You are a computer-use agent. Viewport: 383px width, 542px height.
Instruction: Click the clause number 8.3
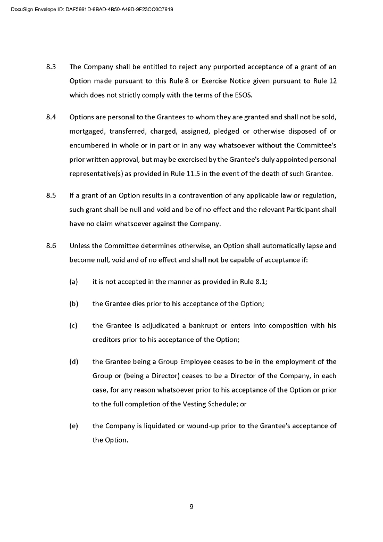(x=52, y=67)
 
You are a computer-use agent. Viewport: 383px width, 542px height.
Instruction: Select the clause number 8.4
(x=52, y=117)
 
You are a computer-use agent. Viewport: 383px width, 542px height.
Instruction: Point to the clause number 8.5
(x=52, y=195)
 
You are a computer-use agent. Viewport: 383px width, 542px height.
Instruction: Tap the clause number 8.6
(x=52, y=246)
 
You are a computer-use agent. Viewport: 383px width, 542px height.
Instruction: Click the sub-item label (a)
(x=74, y=282)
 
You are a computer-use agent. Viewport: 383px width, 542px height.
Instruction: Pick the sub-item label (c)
(x=74, y=325)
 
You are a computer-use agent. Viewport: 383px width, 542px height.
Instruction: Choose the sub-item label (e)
(x=74, y=426)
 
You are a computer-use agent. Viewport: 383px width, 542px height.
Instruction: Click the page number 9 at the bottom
(x=191, y=507)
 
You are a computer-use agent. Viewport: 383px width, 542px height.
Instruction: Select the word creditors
(x=107, y=340)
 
